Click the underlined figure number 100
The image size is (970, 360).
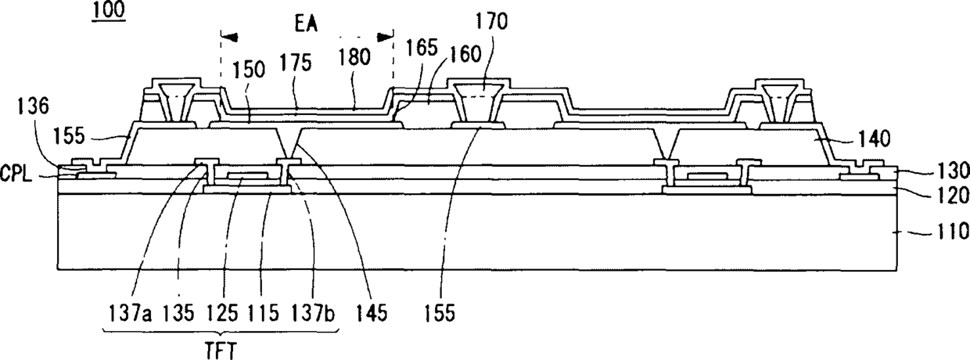tap(108, 9)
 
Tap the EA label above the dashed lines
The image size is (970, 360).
tap(306, 24)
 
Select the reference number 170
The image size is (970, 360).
tap(491, 21)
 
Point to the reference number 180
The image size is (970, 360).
tap(354, 57)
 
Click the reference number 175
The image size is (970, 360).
tap(296, 63)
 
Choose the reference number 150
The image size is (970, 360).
tap(249, 70)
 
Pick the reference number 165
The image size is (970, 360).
tap(422, 48)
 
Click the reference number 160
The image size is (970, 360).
tap(465, 55)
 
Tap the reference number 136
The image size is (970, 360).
tap(34, 106)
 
